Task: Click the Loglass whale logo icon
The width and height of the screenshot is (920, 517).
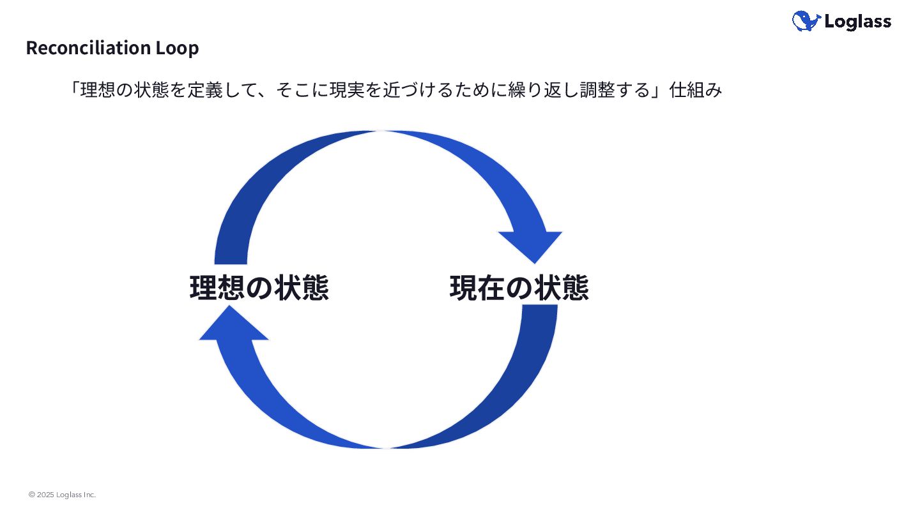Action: tap(806, 21)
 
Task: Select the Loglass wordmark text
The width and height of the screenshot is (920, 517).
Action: tap(857, 22)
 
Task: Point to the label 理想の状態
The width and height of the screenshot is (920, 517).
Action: tap(259, 288)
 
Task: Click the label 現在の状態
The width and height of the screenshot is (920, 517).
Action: tap(519, 288)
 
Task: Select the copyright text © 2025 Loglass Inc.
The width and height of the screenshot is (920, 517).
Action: tap(62, 495)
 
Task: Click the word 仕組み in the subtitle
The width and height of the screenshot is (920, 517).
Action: tap(696, 91)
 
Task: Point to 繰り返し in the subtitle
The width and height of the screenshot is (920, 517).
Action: tap(553, 91)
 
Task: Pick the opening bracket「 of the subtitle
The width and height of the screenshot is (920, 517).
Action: tap(74, 91)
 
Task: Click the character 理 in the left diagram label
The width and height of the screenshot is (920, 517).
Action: tap(203, 288)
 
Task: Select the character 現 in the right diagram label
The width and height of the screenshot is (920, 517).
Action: tap(463, 288)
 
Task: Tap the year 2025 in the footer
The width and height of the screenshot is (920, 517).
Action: tap(45, 495)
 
